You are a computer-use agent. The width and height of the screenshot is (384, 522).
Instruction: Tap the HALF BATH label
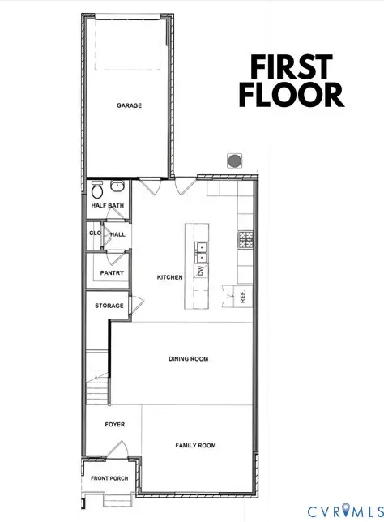pos(107,206)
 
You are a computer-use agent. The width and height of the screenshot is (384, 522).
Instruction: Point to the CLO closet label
pos(95,233)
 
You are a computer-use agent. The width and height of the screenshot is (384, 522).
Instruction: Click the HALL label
pos(117,233)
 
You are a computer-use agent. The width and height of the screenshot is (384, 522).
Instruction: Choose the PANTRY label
pos(112,273)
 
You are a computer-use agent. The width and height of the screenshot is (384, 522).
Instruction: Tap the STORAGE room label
pos(109,306)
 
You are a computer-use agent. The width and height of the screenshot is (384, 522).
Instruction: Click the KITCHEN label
pos(169,277)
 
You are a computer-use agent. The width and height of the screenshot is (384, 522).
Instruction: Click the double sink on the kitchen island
pos(199,250)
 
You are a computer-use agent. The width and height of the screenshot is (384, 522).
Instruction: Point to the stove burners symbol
pos(242,238)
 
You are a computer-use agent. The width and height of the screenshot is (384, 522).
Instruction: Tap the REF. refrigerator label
pos(242,297)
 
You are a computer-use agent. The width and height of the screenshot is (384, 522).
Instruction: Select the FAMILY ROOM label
pos(196,445)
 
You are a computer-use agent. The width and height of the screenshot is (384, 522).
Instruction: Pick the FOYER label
pos(114,424)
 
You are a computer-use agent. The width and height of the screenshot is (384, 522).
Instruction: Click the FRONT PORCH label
pos(109,478)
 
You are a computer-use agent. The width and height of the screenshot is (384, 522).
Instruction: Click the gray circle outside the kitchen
pos(235,160)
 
